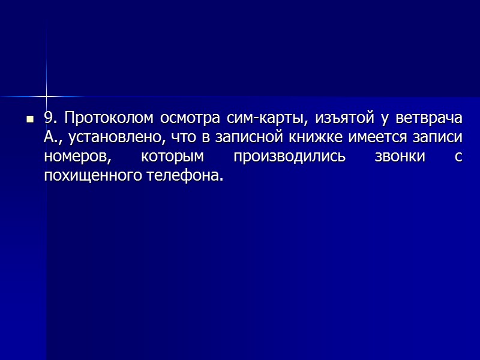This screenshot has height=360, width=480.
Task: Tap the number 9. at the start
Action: tap(50, 117)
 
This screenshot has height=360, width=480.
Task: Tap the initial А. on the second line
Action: tap(52, 137)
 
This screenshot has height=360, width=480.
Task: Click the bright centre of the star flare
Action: tap(46, 96)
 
